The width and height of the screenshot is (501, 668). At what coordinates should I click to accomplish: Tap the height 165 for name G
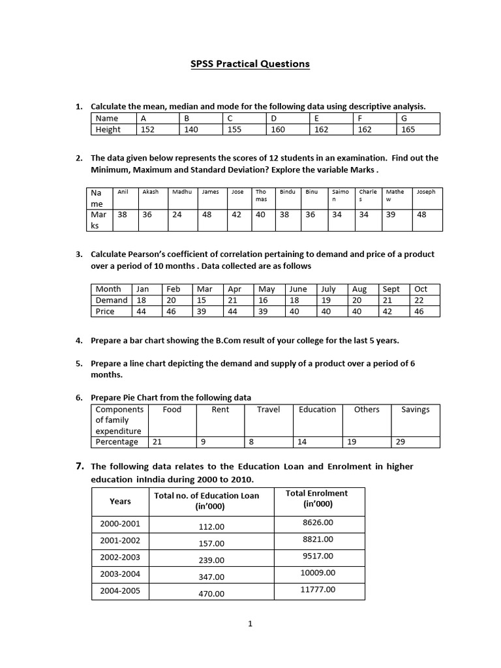(x=408, y=129)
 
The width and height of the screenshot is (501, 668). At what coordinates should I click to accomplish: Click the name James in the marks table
(x=210, y=192)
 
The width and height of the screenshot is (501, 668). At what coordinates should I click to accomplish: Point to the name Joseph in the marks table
(x=426, y=192)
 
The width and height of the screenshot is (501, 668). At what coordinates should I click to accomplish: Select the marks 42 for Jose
(x=237, y=214)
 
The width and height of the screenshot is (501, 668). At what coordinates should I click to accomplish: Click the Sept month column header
(x=391, y=289)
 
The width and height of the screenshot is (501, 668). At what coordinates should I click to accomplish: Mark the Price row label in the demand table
(x=105, y=311)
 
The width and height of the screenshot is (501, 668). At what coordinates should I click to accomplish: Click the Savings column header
(x=415, y=410)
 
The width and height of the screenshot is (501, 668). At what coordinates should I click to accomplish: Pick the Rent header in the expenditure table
(x=220, y=410)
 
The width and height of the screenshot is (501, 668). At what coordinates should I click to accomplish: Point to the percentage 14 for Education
(x=302, y=442)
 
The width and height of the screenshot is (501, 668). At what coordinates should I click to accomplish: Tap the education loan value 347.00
(x=211, y=577)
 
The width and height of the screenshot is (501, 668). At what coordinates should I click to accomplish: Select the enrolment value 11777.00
(x=318, y=589)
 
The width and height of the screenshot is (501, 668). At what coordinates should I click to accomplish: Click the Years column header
(x=120, y=501)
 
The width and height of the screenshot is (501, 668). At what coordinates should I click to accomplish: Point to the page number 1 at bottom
(x=250, y=624)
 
